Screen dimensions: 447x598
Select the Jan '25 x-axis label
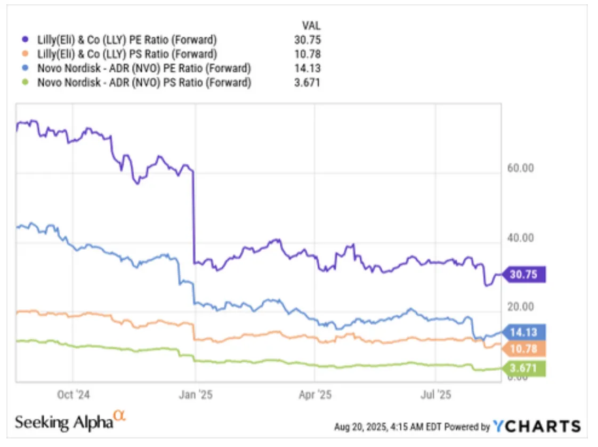tap(196, 395)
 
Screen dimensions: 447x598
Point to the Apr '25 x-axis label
tap(316, 395)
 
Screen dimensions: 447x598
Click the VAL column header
tap(311, 25)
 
